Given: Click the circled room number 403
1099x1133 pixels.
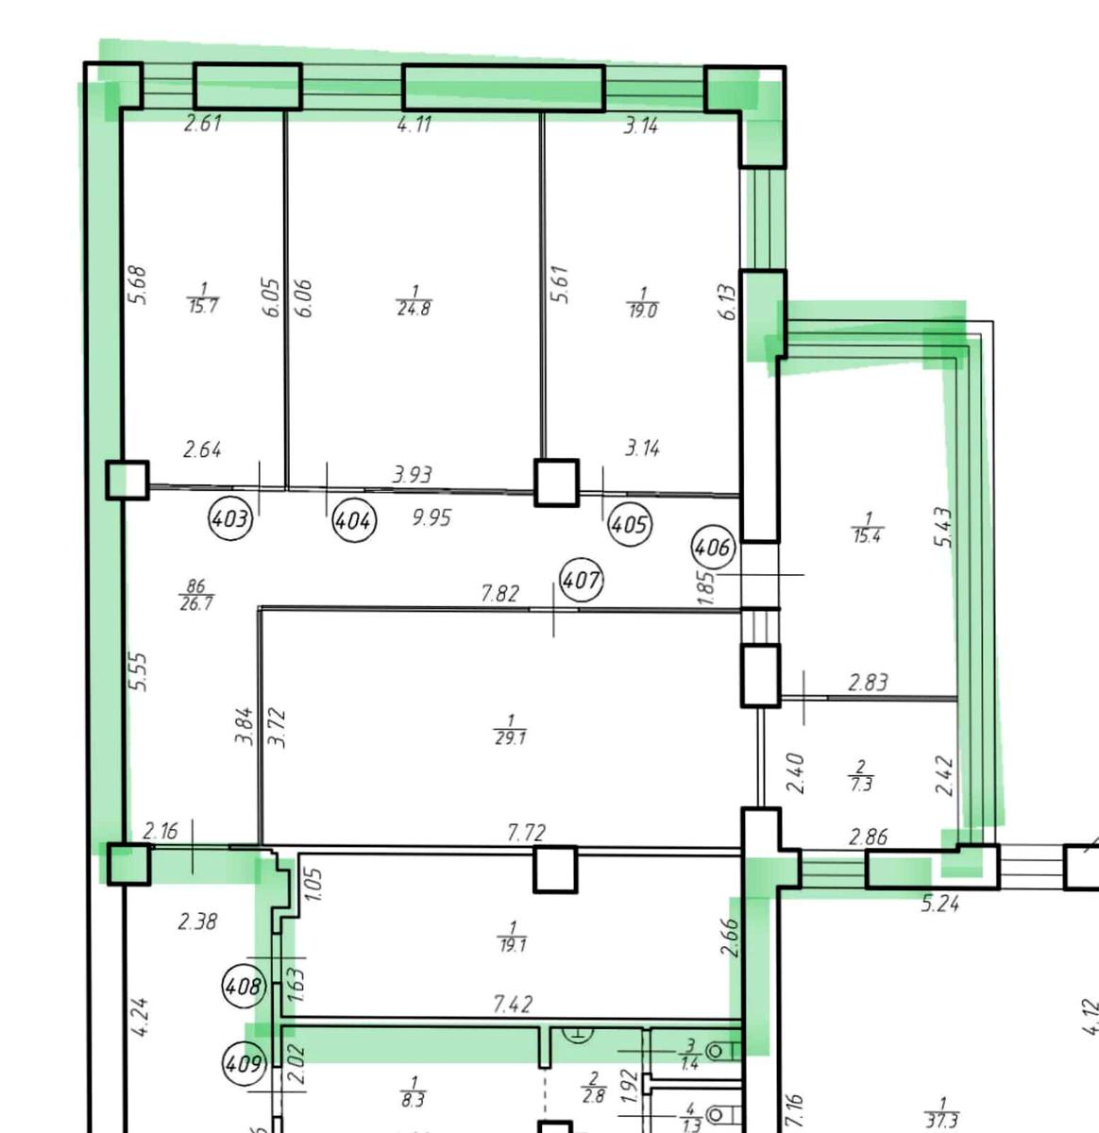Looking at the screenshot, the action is [x=231, y=518].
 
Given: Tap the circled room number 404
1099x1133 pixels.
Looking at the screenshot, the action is [x=354, y=520].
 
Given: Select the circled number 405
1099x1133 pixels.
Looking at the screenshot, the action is [x=630, y=525].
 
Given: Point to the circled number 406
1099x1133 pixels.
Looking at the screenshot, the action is [x=714, y=548].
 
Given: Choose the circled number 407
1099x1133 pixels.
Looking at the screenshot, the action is [x=581, y=581].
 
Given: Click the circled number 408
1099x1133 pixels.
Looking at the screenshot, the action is [x=245, y=987].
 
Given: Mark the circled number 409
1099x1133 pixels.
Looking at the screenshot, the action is [x=245, y=1064].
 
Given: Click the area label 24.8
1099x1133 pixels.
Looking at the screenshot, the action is [x=414, y=308].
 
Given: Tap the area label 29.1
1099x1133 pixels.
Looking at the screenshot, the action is [x=510, y=738].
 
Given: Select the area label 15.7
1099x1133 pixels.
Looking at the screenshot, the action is [x=203, y=306].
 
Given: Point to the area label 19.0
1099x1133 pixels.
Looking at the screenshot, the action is [x=643, y=311].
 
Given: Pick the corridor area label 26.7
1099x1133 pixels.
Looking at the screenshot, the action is [x=196, y=602].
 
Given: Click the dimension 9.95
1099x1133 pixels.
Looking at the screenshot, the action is [x=431, y=517].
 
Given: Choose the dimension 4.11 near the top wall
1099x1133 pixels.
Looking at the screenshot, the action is [x=414, y=124].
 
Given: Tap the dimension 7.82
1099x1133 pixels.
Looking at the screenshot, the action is [x=500, y=593].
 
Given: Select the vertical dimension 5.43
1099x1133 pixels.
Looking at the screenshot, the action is [x=943, y=528].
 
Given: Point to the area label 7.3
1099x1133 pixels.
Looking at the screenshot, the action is [x=861, y=784].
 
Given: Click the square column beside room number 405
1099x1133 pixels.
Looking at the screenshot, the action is [x=556, y=482].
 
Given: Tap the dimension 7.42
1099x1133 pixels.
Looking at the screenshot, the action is [x=513, y=1004].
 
